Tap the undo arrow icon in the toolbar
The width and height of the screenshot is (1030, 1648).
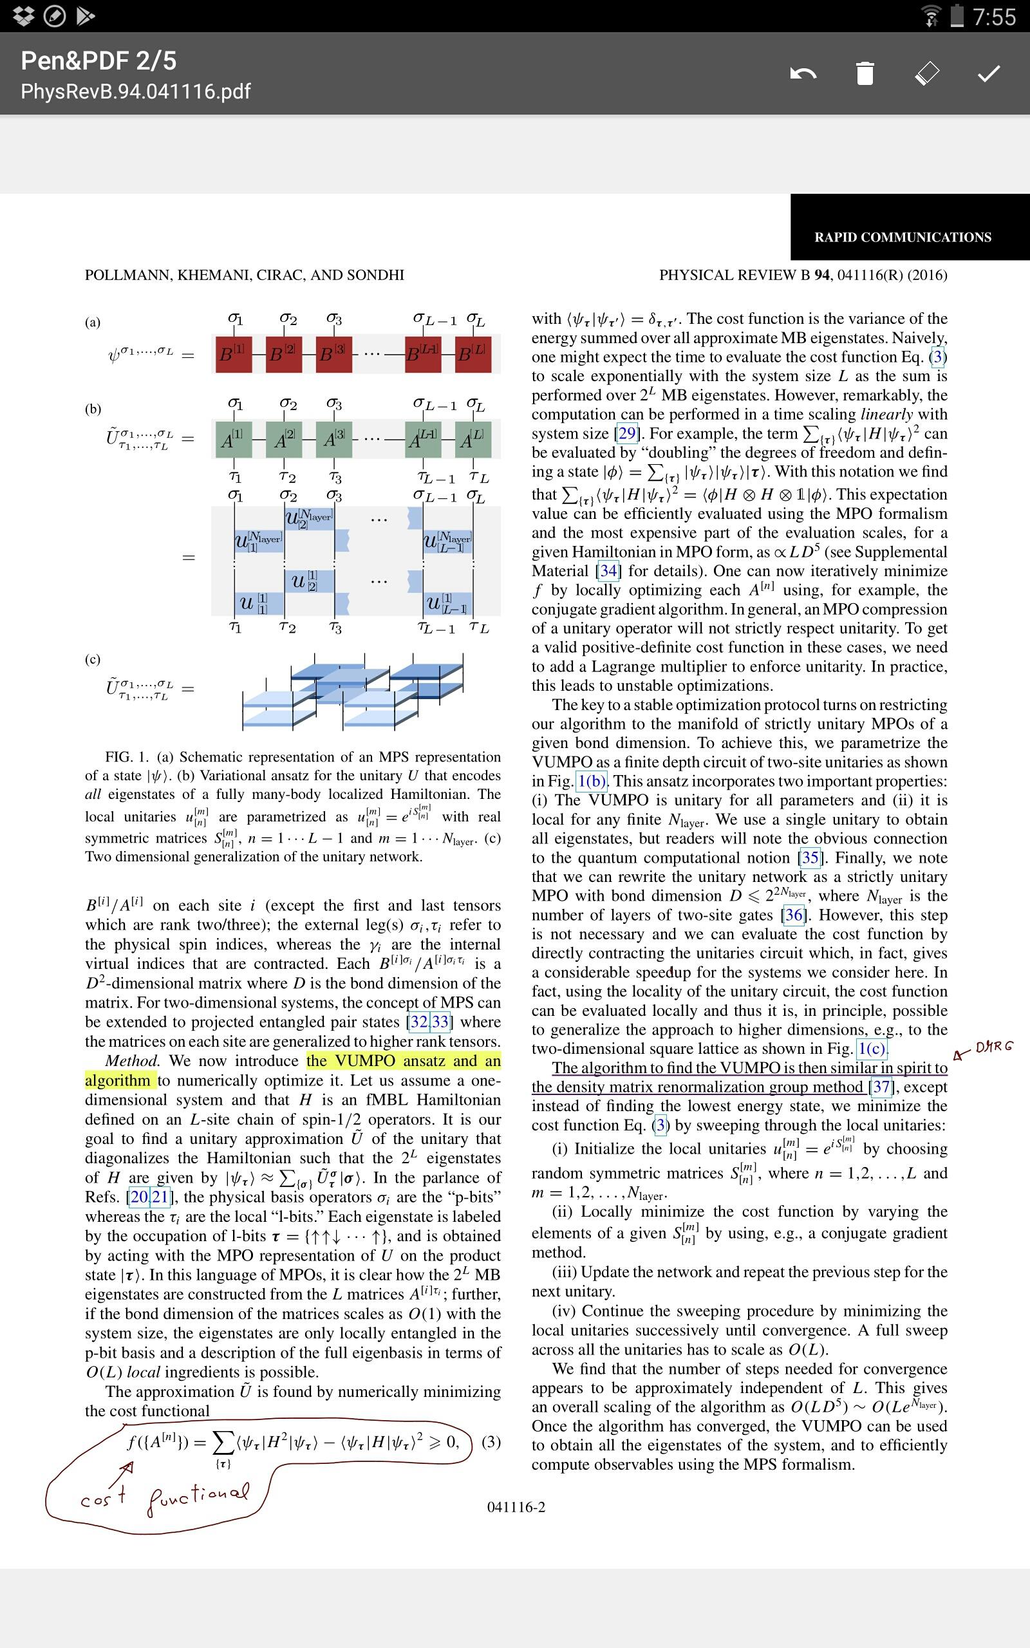pos(803,73)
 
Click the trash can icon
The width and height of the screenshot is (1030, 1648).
pos(865,73)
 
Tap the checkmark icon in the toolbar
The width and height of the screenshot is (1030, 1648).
pos(988,73)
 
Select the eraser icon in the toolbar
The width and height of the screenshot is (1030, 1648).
pos(926,73)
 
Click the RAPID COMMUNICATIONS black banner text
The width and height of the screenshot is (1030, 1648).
pos(903,237)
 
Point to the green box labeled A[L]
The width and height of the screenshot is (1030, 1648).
pos(472,440)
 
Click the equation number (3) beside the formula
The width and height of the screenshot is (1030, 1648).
pos(491,1441)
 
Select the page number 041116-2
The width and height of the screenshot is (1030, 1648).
pos(516,1507)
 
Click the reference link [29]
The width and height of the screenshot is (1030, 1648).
pos(626,433)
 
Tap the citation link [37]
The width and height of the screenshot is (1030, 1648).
pos(881,1087)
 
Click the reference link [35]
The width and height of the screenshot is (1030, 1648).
pos(810,857)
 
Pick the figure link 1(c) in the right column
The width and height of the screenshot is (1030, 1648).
pos(872,1049)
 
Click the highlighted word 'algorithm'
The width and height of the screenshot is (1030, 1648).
pos(117,1081)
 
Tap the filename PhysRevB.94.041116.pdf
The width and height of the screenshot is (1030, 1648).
pos(136,91)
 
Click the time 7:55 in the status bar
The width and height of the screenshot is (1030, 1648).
pos(994,16)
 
